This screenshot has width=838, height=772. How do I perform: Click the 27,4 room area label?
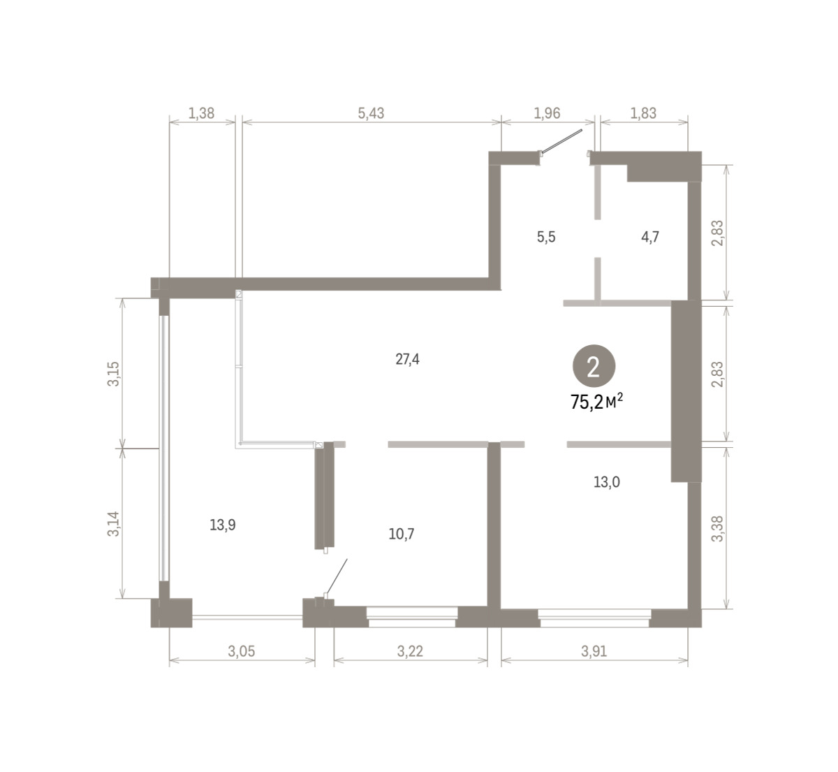tap(407, 359)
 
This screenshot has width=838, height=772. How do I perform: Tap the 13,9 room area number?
tap(223, 525)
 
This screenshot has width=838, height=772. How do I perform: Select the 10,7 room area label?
tap(402, 534)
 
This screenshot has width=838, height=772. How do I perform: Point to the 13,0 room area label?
tap(607, 482)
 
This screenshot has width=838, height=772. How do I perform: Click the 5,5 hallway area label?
tap(546, 237)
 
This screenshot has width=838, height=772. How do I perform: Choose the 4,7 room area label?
tap(650, 237)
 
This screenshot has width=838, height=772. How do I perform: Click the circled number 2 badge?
tap(594, 365)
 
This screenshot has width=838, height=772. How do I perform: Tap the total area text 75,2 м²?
tap(597, 402)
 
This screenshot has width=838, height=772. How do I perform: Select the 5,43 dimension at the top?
tap(371, 113)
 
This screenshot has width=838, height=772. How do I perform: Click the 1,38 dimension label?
tap(201, 113)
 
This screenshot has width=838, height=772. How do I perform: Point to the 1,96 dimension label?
tap(547, 113)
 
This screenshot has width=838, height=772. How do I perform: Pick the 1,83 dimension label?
tap(643, 113)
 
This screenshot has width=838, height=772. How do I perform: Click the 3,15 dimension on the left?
tap(114, 374)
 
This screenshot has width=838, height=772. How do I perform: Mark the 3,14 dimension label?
tap(114, 524)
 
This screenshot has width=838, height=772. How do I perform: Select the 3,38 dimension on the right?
tap(717, 529)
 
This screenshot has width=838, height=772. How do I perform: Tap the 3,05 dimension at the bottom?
tap(242, 651)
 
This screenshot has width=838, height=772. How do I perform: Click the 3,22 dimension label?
tap(410, 651)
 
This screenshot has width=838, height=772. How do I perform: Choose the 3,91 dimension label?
tap(594, 651)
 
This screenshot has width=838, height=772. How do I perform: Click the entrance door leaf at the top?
tap(561, 142)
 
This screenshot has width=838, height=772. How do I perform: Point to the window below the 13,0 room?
tap(594, 618)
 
